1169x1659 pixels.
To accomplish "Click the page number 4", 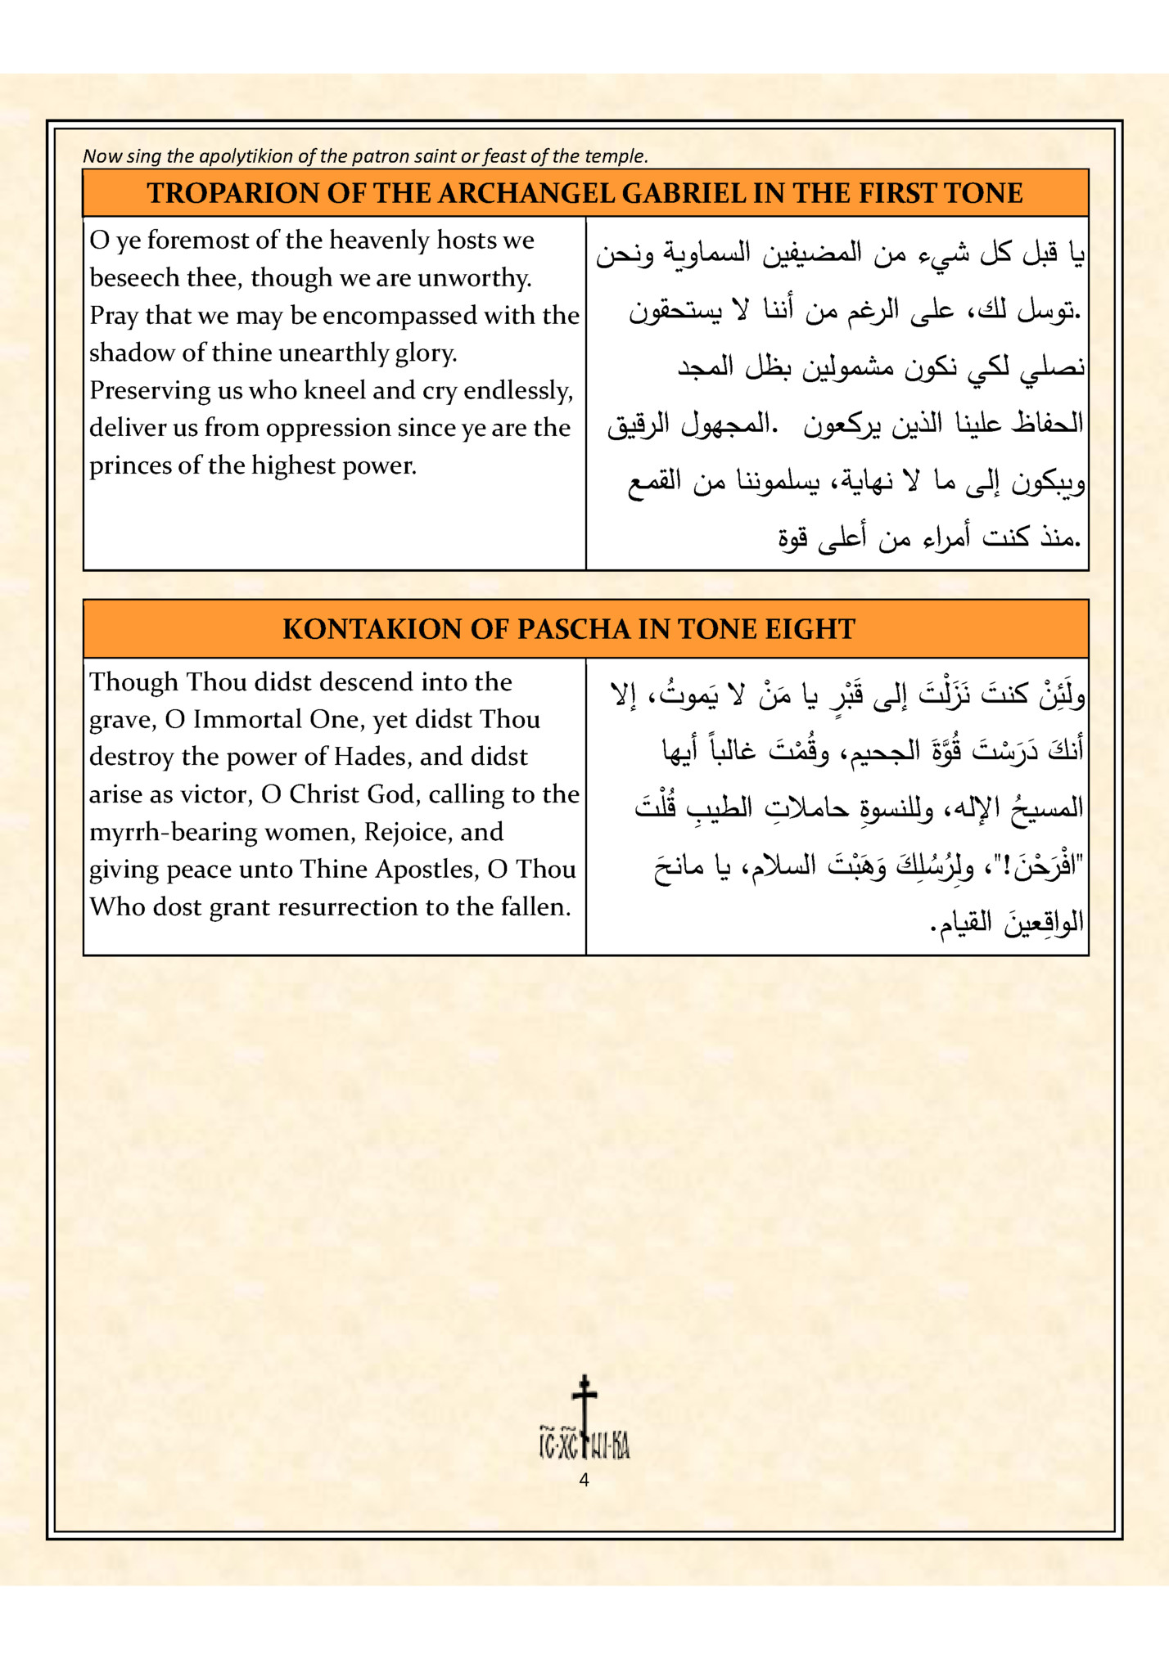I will pyautogui.click(x=584, y=1479).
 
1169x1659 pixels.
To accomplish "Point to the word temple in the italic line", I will pyautogui.click(x=618, y=156).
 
